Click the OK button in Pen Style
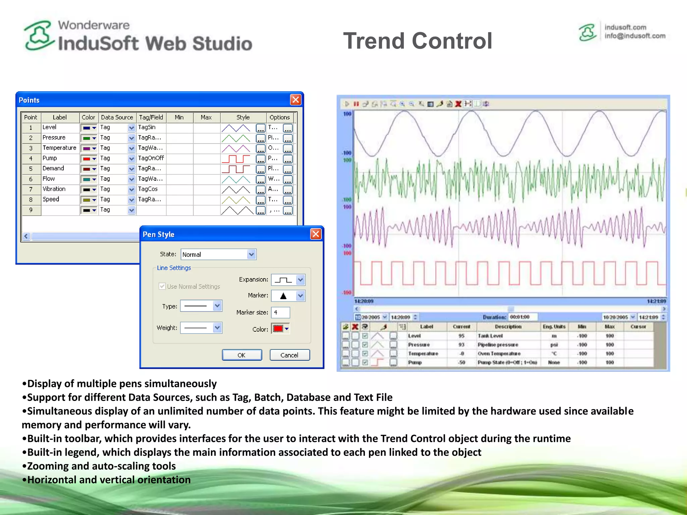(242, 355)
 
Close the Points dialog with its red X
(296, 100)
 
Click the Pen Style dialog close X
(316, 234)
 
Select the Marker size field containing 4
(280, 312)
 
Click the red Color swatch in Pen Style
(278, 329)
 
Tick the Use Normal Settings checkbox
(162, 286)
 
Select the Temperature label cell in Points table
(59, 148)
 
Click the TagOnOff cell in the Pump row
(151, 158)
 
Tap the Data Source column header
(117, 117)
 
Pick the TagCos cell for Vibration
(148, 189)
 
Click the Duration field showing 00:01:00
(522, 317)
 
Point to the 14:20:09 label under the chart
(364, 301)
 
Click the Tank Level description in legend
(490, 336)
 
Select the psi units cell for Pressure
(554, 345)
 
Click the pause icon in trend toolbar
(356, 104)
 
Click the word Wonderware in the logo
(94, 25)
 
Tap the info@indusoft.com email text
(635, 36)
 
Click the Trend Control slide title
(417, 41)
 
